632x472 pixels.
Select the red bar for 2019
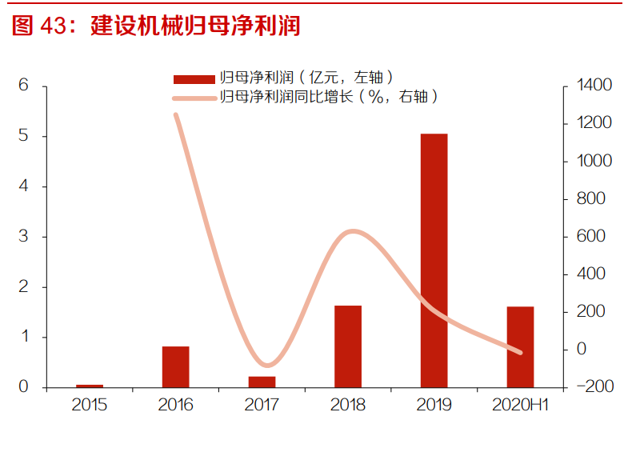(x=434, y=260)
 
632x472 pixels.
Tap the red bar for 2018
(x=348, y=346)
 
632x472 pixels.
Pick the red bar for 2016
(x=175, y=366)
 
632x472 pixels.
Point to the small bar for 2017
(x=262, y=382)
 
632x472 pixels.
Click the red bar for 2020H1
(x=520, y=346)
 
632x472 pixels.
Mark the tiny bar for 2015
(x=90, y=386)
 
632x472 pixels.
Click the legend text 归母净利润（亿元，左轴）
(x=306, y=78)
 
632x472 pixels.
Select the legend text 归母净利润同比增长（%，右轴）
(x=330, y=97)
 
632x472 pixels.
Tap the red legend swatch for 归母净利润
(x=194, y=78)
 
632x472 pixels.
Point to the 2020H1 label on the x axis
(x=520, y=405)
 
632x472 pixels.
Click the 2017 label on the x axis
(x=262, y=405)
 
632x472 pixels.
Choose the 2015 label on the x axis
(x=90, y=405)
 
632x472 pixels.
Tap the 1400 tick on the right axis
(x=593, y=86)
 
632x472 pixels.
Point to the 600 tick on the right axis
(x=593, y=237)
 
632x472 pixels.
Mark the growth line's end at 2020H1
(x=520, y=351)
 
